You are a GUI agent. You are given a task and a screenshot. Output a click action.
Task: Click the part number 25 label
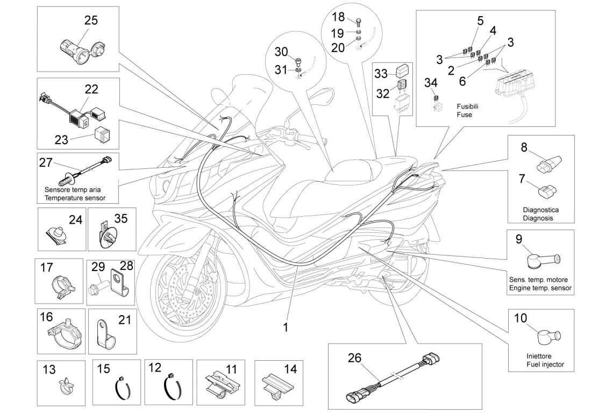[x=91, y=20]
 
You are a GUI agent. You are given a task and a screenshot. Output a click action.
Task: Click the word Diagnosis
[x=538, y=218]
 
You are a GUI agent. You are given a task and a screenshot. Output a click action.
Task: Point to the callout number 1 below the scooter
[x=286, y=326]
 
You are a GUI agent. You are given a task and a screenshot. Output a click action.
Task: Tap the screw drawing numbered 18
[x=359, y=22]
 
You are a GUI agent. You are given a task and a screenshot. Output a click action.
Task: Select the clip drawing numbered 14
[x=275, y=383]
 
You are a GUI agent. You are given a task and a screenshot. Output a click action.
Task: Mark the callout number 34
[x=431, y=83]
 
